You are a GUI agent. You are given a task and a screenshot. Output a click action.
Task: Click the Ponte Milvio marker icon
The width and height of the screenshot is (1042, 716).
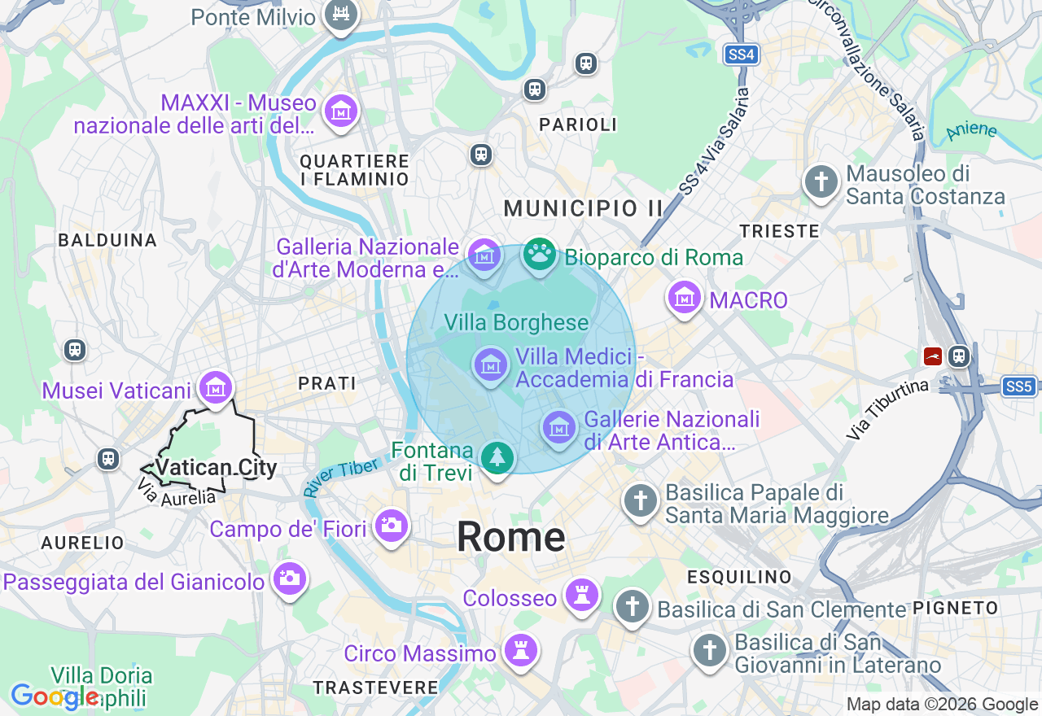341,15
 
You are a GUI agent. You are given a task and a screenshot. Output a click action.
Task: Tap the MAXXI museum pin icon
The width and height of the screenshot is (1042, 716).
341,111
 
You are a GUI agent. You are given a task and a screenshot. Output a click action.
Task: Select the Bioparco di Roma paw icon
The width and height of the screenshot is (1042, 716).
538,255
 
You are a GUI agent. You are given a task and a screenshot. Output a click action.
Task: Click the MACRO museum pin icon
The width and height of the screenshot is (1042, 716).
685,299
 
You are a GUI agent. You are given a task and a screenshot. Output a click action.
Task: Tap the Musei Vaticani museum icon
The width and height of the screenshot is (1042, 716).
216,388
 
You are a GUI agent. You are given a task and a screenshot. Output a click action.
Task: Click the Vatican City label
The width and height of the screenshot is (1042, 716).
216,468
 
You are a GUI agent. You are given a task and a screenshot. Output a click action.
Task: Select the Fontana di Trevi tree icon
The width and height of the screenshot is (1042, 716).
497,457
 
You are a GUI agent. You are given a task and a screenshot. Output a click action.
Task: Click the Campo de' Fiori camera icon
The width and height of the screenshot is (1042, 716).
391,525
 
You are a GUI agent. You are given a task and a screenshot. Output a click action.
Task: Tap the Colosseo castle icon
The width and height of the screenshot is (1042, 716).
582,596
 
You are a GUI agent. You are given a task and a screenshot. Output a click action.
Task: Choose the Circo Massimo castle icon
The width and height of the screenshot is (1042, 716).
520,650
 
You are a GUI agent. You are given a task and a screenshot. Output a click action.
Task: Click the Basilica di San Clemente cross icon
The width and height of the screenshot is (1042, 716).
633,606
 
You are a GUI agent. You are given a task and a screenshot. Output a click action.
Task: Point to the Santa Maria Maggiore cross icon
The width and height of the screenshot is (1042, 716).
641,500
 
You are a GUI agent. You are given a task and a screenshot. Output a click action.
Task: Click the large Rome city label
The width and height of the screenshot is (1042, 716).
510,538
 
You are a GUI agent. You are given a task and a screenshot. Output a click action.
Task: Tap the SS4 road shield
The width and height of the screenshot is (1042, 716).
741,55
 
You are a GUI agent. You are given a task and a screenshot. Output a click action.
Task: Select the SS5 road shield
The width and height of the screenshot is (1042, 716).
1018,386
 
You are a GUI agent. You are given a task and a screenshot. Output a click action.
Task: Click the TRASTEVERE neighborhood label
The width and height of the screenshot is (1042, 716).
376,688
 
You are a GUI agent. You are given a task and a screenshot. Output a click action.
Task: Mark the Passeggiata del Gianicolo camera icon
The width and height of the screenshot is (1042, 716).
289,578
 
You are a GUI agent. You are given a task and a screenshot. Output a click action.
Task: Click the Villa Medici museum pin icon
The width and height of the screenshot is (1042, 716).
490,364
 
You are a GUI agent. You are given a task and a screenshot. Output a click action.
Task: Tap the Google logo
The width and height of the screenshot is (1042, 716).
54,697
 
